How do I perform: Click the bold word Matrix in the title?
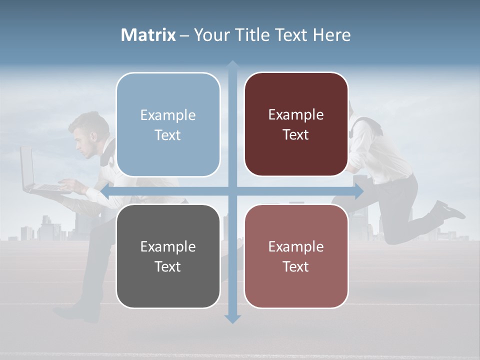click(148, 35)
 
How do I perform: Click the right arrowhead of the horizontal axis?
click(358, 191)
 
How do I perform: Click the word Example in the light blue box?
click(168, 115)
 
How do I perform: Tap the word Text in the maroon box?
click(296, 135)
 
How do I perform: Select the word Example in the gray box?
click(168, 246)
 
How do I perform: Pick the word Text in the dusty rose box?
click(296, 266)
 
